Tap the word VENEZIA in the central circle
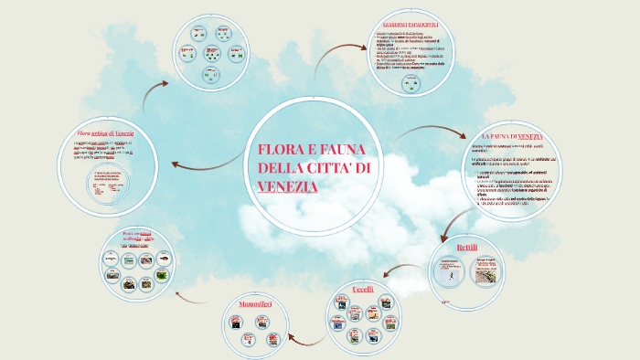point(288,186)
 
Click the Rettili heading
point(466,248)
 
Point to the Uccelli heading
point(363,290)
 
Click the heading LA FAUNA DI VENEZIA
point(506,136)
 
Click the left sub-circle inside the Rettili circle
point(448,273)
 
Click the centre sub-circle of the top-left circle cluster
point(211,53)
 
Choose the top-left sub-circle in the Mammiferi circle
point(237,322)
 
